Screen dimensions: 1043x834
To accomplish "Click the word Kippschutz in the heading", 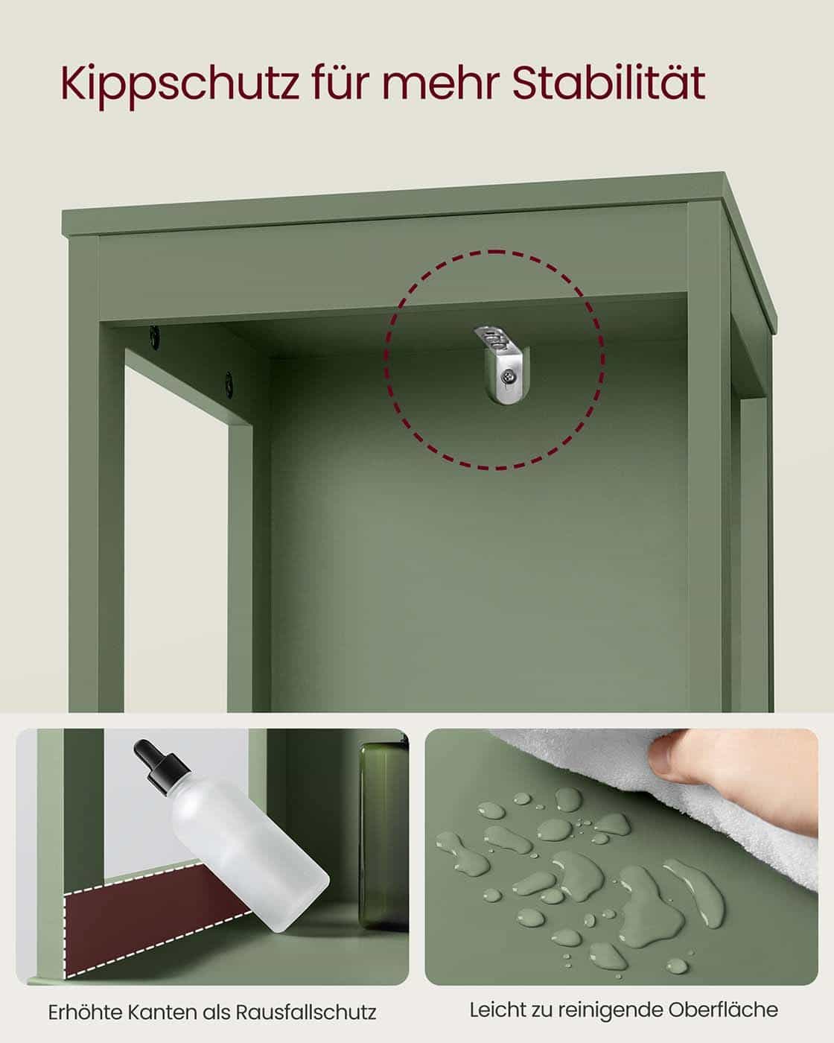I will pyautogui.click(x=177, y=83).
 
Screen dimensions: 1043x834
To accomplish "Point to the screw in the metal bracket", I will pyautogui.click(x=508, y=378).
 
